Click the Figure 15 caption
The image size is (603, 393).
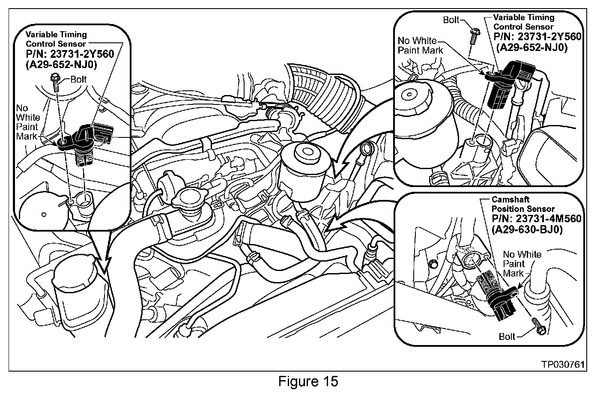308,381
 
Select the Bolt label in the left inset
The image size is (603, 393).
78,79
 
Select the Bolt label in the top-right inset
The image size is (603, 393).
451,20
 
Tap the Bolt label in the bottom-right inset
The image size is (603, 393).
507,336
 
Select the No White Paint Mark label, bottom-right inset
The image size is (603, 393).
522,264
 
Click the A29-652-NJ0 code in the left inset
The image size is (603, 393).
62,65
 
